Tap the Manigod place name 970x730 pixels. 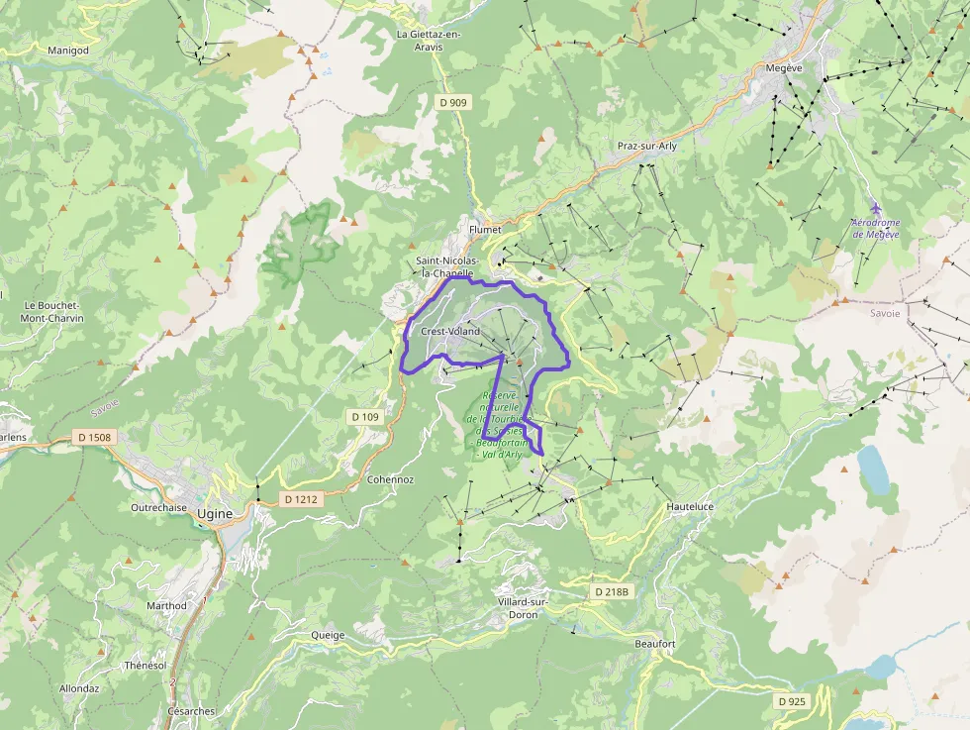click(68, 49)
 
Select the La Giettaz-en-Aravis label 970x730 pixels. click(429, 39)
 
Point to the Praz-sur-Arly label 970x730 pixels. click(647, 146)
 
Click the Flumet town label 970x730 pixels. click(485, 229)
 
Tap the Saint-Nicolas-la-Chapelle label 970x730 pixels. click(447, 266)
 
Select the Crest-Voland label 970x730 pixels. click(450, 331)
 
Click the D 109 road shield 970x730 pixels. click(364, 417)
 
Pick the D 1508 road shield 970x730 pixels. click(94, 437)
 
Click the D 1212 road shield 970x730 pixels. click(299, 499)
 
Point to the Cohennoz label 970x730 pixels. click(390, 478)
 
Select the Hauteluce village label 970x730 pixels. click(690, 505)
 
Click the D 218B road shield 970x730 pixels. click(612, 591)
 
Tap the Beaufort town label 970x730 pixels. click(654, 644)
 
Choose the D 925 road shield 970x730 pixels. click(793, 701)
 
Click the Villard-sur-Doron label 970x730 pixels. click(525, 608)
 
